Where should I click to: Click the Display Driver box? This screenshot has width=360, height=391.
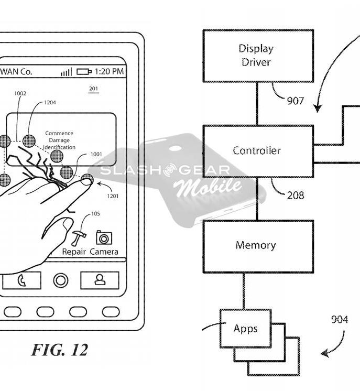point(258,56)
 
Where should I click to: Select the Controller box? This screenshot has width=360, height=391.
point(257,151)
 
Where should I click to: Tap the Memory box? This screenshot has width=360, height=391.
point(257,245)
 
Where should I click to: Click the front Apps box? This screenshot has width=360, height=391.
point(245,329)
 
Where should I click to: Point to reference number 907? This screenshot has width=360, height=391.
point(296,100)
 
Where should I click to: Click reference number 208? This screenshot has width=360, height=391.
point(296,195)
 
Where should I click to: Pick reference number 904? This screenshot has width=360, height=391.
point(339,319)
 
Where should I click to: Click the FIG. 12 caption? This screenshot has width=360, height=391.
point(59,350)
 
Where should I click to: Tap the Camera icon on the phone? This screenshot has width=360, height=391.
point(104,238)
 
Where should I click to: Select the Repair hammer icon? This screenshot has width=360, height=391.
point(78,238)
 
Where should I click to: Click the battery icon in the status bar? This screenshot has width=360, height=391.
point(84,72)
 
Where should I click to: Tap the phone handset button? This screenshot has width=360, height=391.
point(21,280)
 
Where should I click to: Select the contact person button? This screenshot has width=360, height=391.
point(99,280)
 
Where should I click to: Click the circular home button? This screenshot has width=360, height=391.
point(61,280)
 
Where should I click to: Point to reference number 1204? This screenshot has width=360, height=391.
point(50,102)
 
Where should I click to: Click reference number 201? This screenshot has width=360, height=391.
point(93,89)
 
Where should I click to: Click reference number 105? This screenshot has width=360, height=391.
point(95,214)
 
